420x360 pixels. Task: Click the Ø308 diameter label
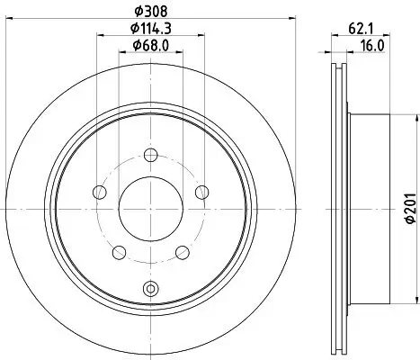coord(151,12)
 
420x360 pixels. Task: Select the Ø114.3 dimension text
coord(151,29)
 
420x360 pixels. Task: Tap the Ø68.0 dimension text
coord(151,46)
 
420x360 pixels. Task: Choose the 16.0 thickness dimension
coord(372,46)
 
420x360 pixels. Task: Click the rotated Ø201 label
coord(411,208)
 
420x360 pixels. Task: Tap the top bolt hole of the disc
coord(151,155)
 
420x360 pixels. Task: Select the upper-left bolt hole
coord(100,192)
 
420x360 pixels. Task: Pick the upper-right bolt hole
coord(202,192)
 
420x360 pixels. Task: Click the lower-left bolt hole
coord(120,252)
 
